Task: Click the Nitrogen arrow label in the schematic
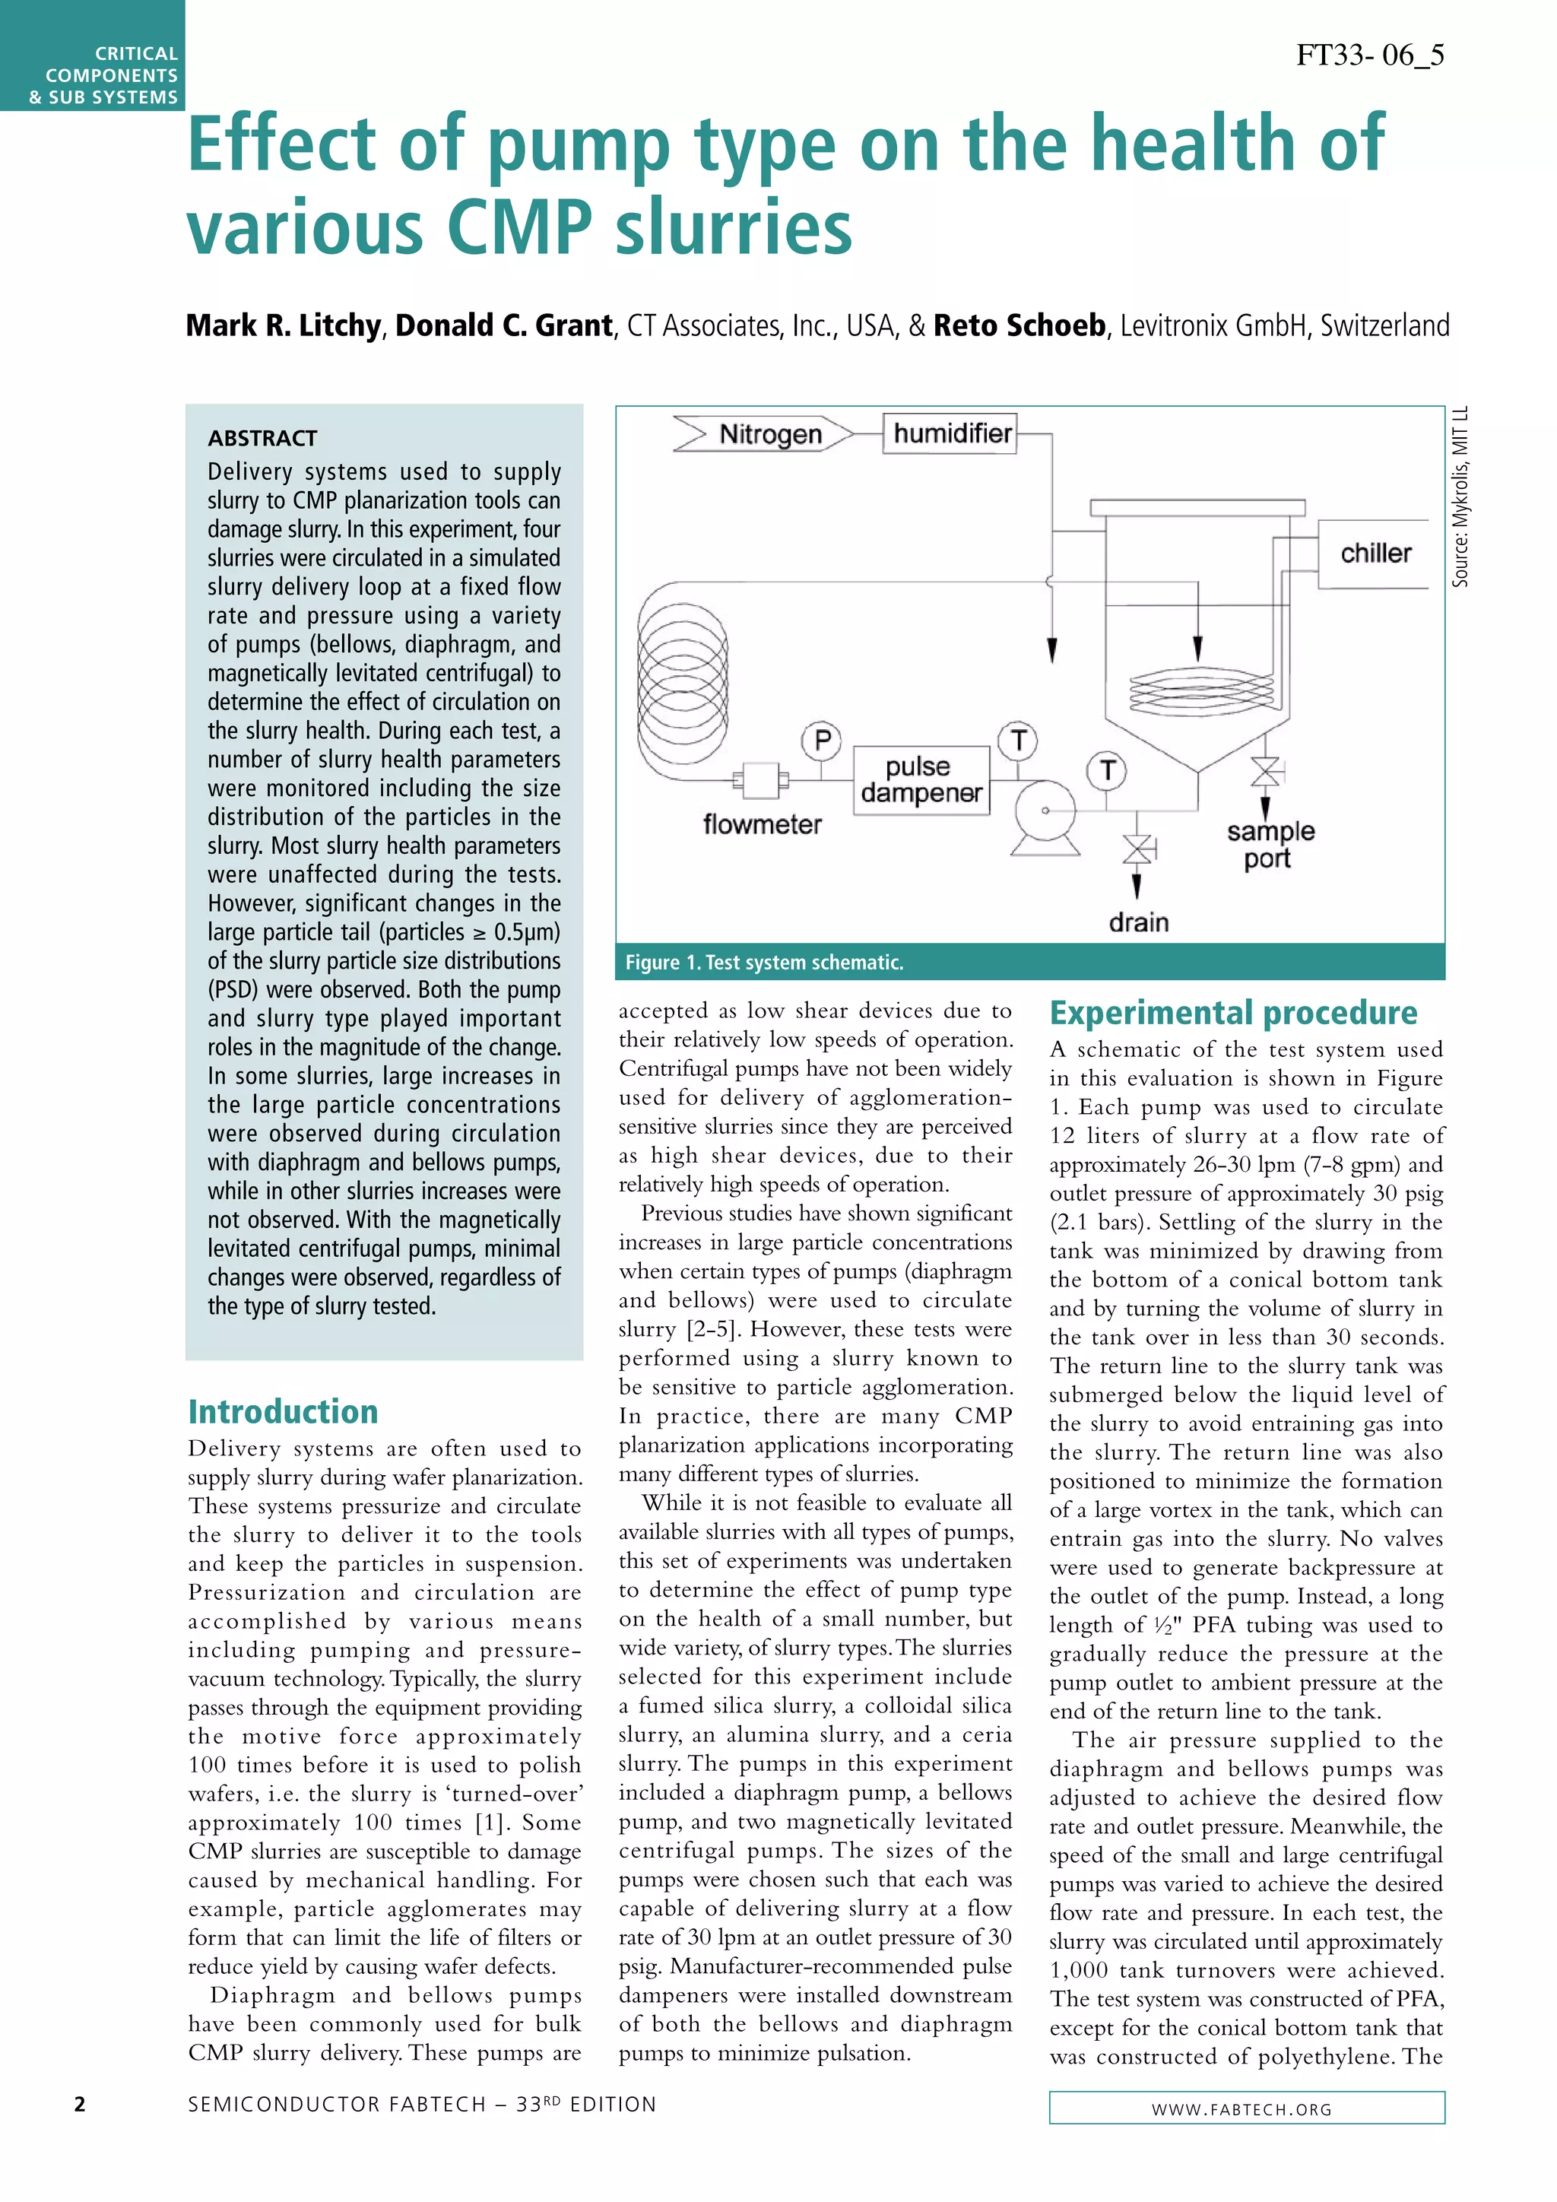[764, 434]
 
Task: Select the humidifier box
[950, 433]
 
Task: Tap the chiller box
[1376, 554]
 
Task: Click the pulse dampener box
[921, 779]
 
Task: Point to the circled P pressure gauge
[822, 741]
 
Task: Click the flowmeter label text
[763, 825]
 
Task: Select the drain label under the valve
[1138, 922]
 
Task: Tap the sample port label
[1270, 844]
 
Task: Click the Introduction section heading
[283, 1412]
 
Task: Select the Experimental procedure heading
[1233, 1013]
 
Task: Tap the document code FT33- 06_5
[1369, 55]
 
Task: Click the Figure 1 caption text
[764, 962]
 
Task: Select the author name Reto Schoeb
[1020, 326]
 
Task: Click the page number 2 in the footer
[80, 2104]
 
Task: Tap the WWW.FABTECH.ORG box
[1246, 2108]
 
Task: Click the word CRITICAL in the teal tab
[136, 54]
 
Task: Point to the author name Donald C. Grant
[503, 326]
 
